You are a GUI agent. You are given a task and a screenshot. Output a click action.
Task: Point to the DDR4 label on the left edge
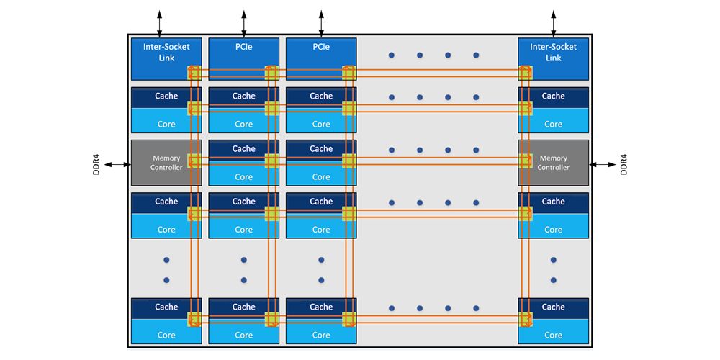tap(96, 163)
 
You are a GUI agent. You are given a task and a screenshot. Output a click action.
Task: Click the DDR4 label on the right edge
tap(624, 163)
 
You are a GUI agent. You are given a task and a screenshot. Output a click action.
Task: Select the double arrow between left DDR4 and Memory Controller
tap(117, 164)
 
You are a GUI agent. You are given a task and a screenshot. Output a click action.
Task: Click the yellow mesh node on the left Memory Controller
tap(194, 161)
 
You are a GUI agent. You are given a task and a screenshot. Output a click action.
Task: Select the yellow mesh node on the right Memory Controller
tap(525, 161)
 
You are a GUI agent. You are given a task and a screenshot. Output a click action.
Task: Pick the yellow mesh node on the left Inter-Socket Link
tap(194, 73)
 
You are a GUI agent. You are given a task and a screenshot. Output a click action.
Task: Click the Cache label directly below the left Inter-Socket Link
tap(166, 96)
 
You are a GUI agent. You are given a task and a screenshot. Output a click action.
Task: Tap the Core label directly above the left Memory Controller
tap(166, 124)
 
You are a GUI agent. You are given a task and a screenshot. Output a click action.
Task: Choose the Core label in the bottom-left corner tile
tap(166, 335)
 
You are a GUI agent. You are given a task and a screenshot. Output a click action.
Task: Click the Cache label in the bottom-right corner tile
tap(553, 307)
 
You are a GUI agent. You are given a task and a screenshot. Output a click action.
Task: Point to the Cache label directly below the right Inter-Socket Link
tap(553, 96)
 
